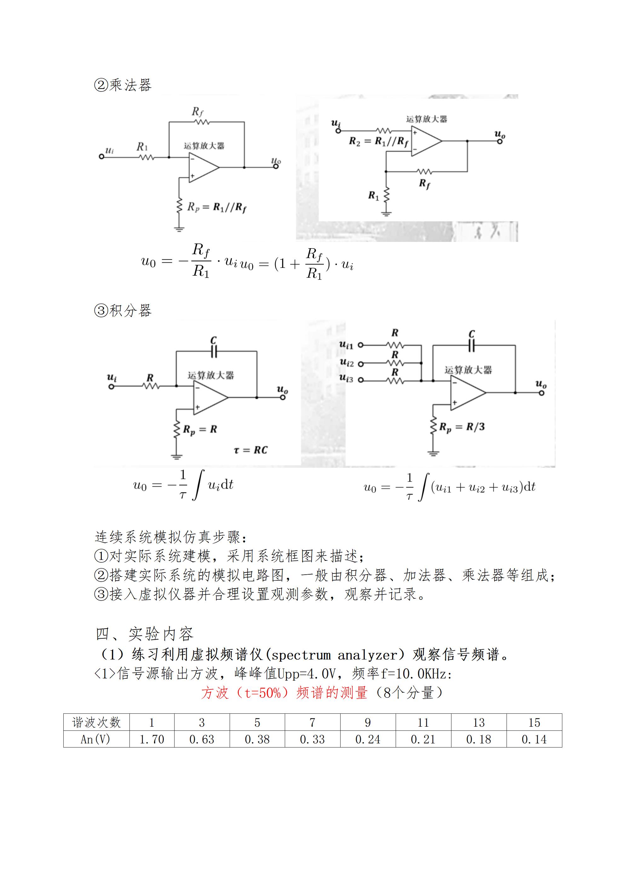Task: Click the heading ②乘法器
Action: (123, 85)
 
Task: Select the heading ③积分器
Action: (123, 310)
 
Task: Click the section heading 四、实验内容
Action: (144, 634)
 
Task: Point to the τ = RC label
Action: (250, 450)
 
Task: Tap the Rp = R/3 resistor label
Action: (462, 427)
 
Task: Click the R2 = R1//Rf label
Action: (379, 142)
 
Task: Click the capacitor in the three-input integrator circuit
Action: (471, 346)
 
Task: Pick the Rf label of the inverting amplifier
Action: (198, 112)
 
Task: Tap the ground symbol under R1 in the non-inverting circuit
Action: (386, 213)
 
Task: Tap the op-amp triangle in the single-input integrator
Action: (210, 397)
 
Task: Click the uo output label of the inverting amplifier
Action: (276, 161)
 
